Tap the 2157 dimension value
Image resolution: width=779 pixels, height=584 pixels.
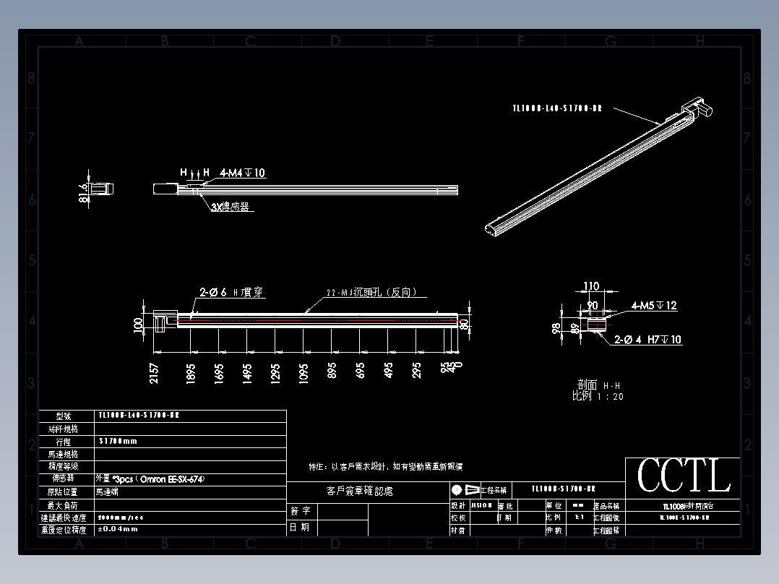click(x=154, y=373)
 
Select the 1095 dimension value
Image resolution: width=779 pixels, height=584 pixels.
click(x=304, y=372)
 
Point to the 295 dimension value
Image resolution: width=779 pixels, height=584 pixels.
click(x=416, y=371)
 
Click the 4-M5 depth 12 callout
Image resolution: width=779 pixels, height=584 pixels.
click(x=654, y=306)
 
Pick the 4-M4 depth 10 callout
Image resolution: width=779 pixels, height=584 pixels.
click(x=243, y=173)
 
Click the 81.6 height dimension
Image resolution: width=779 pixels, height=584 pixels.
click(x=83, y=194)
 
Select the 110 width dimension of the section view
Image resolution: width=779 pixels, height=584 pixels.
click(x=591, y=287)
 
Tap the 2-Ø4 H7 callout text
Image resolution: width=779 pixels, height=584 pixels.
click(x=647, y=339)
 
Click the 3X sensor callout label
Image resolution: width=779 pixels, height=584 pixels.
click(x=230, y=207)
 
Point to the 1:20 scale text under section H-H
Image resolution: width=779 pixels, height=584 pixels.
click(x=598, y=396)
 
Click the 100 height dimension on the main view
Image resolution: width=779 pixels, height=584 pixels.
click(x=139, y=325)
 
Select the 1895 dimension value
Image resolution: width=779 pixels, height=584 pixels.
click(x=191, y=373)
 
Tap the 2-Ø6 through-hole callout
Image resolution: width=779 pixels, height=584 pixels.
click(x=231, y=293)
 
